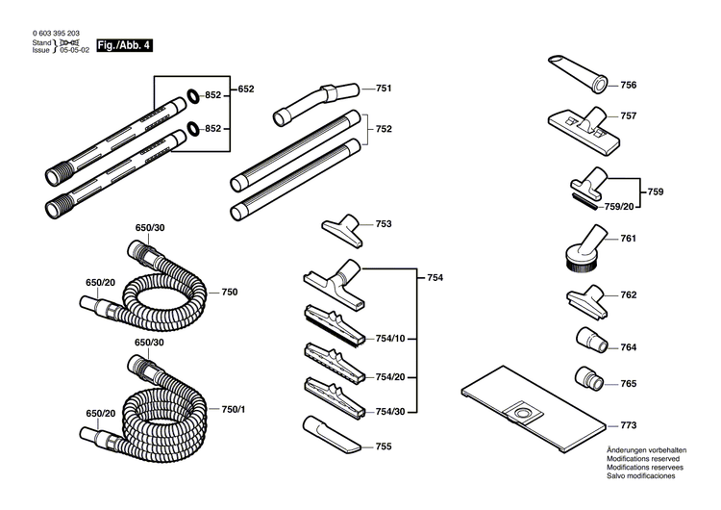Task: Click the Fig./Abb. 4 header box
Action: pos(124,44)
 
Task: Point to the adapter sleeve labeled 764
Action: pos(590,340)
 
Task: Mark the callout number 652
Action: pos(246,89)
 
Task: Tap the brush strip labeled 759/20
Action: pos(584,201)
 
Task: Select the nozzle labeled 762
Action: pos(584,296)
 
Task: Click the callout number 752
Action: pos(383,129)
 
